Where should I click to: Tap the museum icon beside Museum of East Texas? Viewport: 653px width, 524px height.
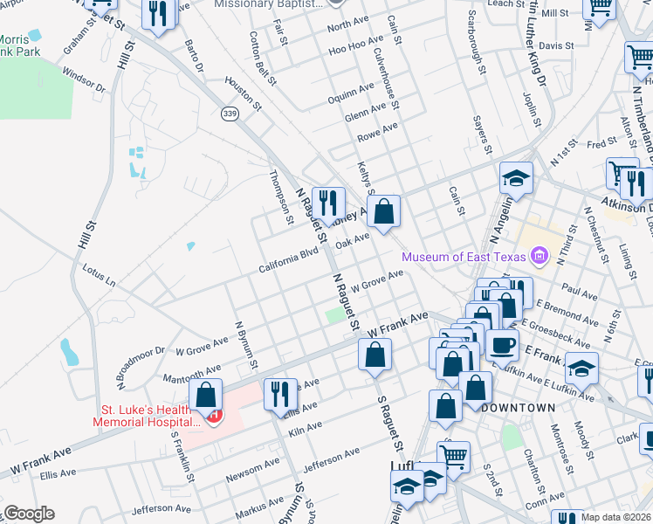pyautogui.click(x=539, y=256)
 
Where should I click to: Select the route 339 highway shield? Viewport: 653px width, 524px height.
pyautogui.click(x=230, y=114)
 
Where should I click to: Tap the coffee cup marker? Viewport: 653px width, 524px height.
pyautogui.click(x=501, y=344)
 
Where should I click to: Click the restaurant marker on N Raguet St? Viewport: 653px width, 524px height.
pyautogui.click(x=328, y=203)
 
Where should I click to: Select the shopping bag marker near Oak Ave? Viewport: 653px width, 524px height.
pyautogui.click(x=383, y=210)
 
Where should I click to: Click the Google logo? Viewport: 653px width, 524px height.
pyautogui.click(x=29, y=514)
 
